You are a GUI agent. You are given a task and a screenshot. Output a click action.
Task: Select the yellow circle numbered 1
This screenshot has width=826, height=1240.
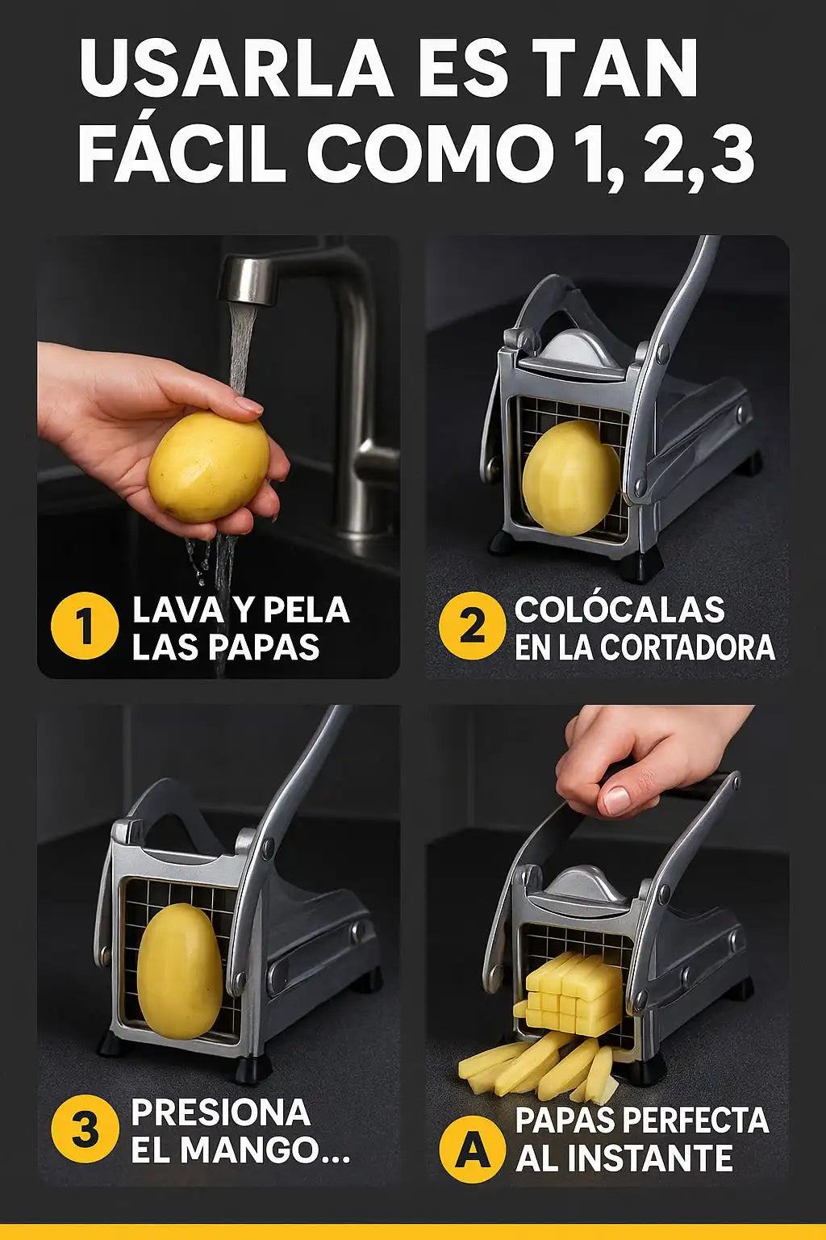(85, 626)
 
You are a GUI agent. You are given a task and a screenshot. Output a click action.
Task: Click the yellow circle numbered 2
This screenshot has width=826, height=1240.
(472, 626)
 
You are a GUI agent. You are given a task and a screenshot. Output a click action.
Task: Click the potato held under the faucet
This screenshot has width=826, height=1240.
(209, 467)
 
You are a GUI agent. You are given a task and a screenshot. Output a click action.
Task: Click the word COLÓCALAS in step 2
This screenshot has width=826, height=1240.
(619, 610)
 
